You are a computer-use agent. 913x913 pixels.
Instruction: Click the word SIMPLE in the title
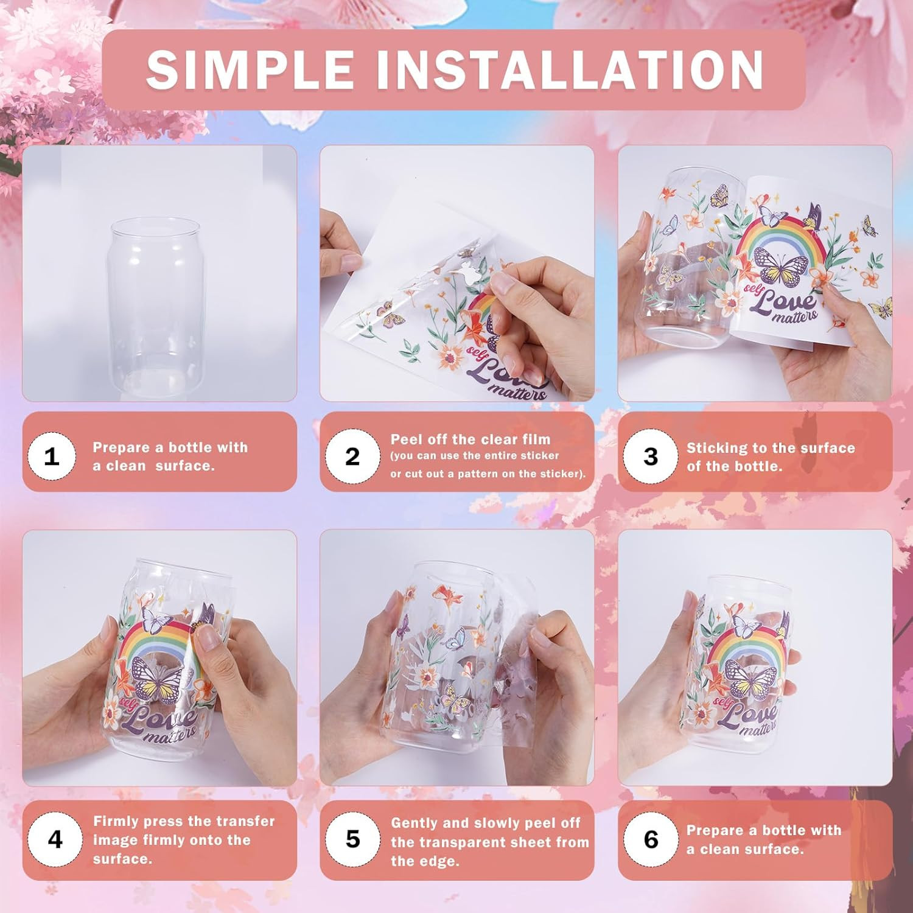pos(251,69)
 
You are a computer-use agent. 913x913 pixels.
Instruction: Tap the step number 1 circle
pos(52,456)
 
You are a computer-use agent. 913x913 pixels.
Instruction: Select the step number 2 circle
pos(352,456)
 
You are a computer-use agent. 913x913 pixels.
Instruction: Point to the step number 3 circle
pos(651,456)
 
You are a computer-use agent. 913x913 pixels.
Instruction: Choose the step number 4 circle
pos(55,839)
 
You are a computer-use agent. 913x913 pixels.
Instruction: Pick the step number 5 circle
pos(352,839)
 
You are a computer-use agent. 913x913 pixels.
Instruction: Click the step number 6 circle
pos(651,839)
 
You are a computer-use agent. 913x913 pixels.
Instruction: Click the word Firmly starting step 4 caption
pos(116,822)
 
